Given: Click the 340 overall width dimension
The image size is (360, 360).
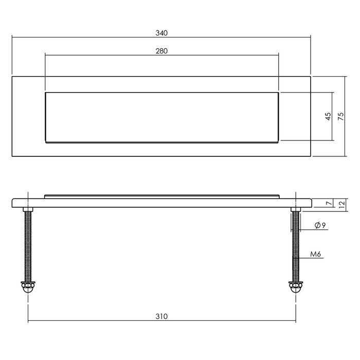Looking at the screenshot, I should point(161,33).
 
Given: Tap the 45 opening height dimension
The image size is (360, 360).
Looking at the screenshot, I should point(327,117).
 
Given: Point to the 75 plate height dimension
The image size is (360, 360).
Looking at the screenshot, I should point(340,117).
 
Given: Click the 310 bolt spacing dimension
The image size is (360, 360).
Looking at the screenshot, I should point(161,317).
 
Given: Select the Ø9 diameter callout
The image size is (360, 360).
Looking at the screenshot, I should point(318,225).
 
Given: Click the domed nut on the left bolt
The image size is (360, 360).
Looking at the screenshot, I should point(27,286).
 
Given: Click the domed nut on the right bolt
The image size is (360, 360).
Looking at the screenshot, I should point(295,286).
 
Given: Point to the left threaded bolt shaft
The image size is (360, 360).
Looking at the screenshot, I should point(27,244).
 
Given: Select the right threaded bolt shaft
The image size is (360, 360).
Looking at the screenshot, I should point(295,244).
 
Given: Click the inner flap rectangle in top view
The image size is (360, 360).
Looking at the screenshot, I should point(162,117).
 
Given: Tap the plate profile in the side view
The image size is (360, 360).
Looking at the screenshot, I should point(161,203).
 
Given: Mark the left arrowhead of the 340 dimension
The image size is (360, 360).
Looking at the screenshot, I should point(14,38).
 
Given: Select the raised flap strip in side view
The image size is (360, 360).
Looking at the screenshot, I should point(162,196).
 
